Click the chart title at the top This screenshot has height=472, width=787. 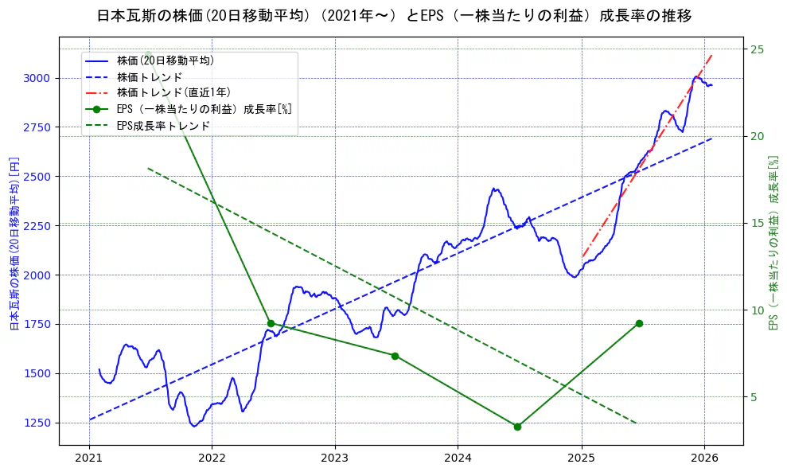pos(394,16)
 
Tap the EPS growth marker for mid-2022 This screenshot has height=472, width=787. pos(271,323)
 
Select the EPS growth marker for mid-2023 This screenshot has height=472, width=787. pos(395,356)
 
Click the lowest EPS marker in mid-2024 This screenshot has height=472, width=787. pos(517,427)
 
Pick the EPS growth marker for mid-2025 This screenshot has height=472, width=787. pos(639,323)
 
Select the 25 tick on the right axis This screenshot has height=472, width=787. pos(757,49)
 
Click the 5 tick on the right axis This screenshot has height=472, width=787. pos(754,397)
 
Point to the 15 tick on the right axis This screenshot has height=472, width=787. pos(757,223)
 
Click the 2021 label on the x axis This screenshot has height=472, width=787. pos(89,458)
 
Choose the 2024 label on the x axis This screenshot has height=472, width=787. pos(458,458)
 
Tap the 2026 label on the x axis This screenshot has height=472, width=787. pos(704,458)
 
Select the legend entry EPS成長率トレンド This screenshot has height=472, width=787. pos(163,126)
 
